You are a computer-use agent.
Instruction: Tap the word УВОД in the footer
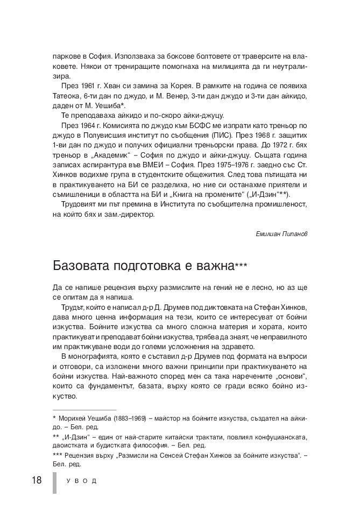[x=81, y=481]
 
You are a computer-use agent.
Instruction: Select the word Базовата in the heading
[x=81, y=267]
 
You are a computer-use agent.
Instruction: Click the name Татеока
[x=68, y=96]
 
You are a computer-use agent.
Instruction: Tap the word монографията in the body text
[x=93, y=357]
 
